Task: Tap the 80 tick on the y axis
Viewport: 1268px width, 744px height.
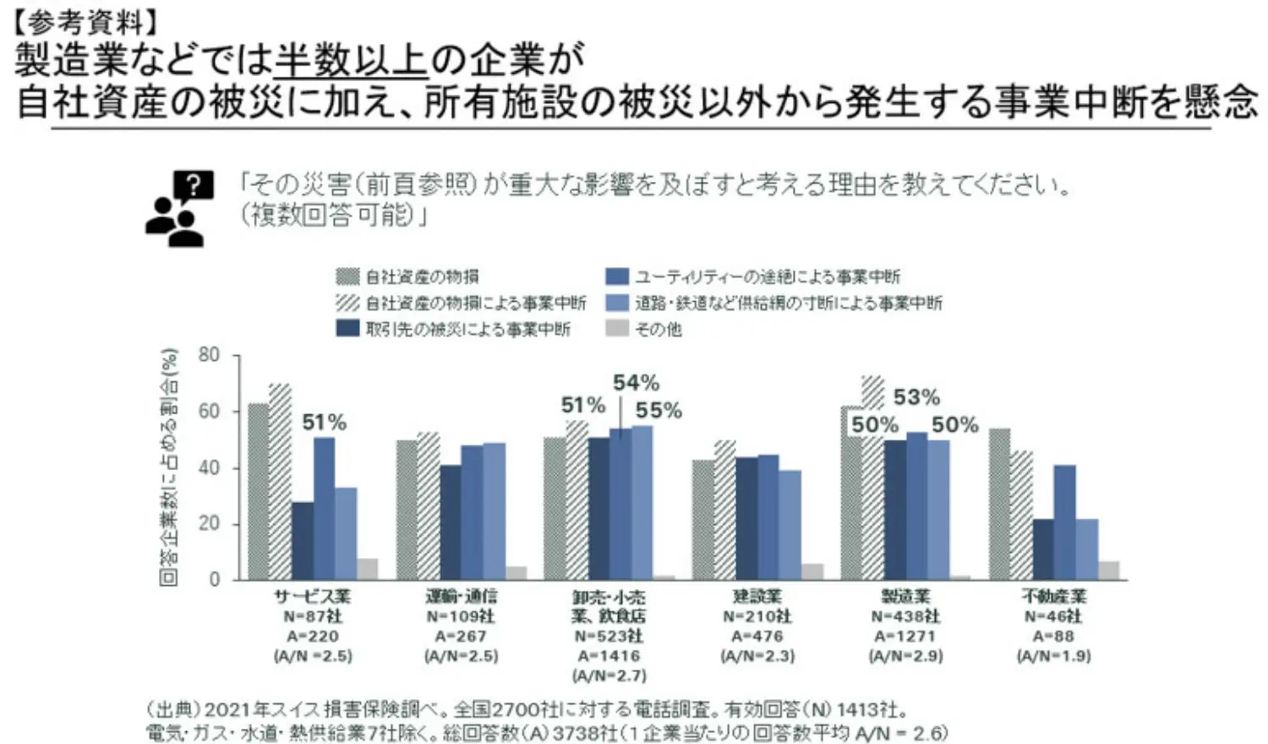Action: click(209, 355)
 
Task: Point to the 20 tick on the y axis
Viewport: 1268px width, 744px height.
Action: click(209, 523)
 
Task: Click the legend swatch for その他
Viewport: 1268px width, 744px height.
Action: click(617, 328)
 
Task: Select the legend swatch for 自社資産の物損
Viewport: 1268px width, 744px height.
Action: click(347, 276)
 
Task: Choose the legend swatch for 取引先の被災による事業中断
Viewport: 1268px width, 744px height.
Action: click(347, 328)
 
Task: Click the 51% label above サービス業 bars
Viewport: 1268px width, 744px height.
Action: click(325, 422)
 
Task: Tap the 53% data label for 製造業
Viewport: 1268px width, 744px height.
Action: click(916, 397)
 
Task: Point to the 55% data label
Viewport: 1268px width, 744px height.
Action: click(659, 410)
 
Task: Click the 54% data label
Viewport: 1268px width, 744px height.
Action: click(636, 382)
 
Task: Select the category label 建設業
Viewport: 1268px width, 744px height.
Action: click(757, 597)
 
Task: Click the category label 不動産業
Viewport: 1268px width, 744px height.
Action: click(1053, 597)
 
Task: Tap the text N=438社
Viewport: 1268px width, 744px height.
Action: click(905, 616)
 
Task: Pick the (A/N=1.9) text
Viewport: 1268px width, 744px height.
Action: click(1053, 655)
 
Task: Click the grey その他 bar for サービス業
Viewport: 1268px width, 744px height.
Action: click(367, 569)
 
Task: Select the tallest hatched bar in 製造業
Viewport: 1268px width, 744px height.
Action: click(873, 478)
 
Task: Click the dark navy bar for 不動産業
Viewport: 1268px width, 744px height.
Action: click(1043, 549)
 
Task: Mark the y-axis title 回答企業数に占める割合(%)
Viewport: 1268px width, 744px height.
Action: click(169, 467)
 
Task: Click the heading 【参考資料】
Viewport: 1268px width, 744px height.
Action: click(85, 20)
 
